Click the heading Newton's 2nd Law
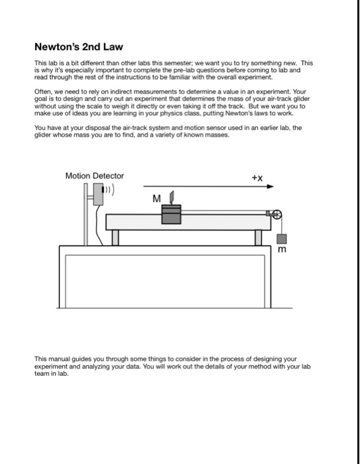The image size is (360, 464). point(79,47)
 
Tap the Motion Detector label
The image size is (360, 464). point(95,176)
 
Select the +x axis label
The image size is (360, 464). point(257,178)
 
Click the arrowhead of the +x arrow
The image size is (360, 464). point(270,186)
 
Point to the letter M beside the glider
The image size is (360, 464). point(156,199)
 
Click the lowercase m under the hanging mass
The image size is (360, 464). point(282,249)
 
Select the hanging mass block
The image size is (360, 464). point(282,239)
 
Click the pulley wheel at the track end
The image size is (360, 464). point(277,215)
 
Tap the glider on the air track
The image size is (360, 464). point(171,214)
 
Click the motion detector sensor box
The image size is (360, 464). point(98,194)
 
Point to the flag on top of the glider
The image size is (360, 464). point(172,197)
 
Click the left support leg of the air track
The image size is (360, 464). point(115,237)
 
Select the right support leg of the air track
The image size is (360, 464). point(258,237)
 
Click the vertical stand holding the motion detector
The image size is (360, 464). point(86,214)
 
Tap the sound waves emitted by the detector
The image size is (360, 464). point(109,190)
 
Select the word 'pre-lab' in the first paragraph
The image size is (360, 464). point(186,70)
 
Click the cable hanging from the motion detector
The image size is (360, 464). point(98,225)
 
